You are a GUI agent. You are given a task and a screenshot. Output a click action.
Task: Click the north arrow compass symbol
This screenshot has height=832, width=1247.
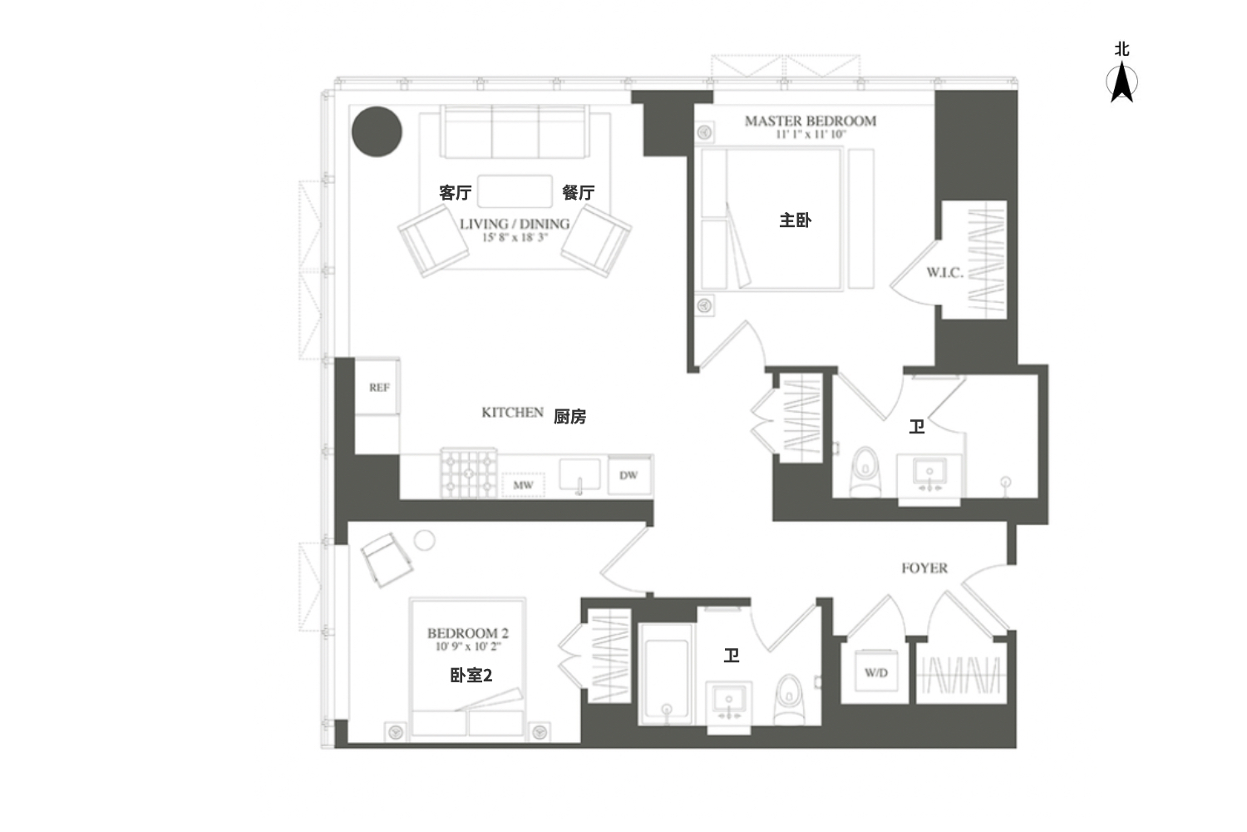point(1121,82)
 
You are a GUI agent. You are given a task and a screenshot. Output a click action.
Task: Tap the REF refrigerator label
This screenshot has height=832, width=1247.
point(379,388)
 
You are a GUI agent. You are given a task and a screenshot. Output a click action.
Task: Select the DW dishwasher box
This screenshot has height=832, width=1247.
point(629,475)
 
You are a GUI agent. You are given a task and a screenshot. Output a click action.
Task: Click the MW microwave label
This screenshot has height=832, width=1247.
point(523,485)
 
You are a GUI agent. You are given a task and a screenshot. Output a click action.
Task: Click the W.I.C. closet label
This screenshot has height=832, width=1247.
point(944,273)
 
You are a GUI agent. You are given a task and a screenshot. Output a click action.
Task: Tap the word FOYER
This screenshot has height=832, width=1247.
point(924,568)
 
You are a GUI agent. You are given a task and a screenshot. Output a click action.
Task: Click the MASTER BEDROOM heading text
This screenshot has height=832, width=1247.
point(811,121)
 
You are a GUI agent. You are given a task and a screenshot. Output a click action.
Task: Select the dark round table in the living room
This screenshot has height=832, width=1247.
point(377,131)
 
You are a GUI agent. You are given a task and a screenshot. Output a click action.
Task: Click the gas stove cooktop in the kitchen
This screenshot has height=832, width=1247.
point(469,473)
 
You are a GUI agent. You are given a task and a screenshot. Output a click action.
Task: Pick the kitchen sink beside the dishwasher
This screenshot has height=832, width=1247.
point(579,475)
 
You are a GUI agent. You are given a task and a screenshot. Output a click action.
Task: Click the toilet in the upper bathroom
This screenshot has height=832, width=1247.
point(865,472)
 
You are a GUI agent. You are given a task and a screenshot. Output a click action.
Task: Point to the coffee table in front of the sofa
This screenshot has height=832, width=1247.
point(515,191)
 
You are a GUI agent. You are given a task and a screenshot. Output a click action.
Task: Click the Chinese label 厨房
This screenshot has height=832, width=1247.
point(569,416)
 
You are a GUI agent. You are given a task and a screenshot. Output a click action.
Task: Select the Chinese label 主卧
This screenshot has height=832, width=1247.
point(795,220)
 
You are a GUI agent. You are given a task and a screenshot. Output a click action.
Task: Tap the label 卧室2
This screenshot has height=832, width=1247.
point(471,676)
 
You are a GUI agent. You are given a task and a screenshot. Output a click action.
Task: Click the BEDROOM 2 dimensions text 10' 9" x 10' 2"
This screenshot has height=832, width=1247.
point(468,646)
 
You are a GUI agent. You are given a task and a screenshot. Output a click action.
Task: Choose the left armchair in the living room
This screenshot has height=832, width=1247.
point(433,240)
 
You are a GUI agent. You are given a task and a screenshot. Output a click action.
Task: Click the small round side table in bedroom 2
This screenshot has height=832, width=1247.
point(425,540)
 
